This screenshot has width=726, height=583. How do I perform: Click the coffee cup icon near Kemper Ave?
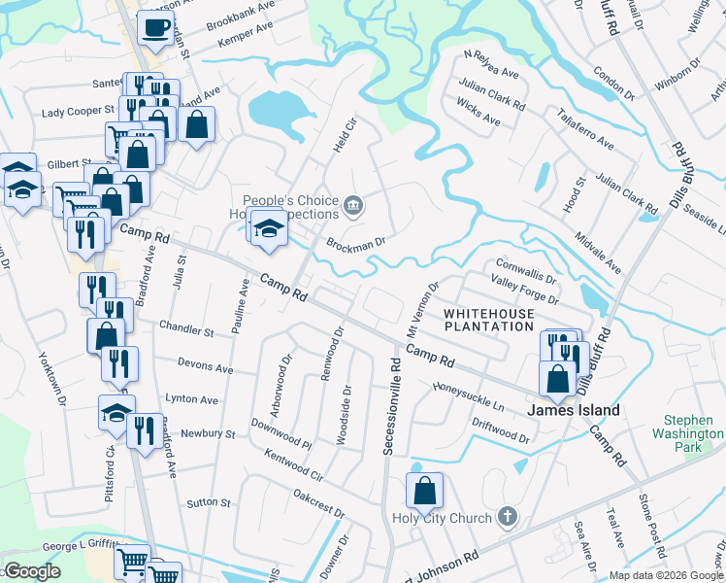tap(155, 28)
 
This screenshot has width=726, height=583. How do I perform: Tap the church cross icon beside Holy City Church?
tap(507, 517)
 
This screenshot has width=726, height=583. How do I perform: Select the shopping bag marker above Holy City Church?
tap(424, 492)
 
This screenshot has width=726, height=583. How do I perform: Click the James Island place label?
tap(573, 410)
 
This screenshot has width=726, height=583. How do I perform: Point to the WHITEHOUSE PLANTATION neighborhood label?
tap(489, 321)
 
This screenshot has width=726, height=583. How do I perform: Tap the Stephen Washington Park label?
tap(688, 434)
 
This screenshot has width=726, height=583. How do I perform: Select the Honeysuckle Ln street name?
tap(469, 395)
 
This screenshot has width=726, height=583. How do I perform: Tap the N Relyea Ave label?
tap(491, 64)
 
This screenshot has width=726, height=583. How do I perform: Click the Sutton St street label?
tap(210, 503)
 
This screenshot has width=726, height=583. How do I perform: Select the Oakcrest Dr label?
tap(319, 503)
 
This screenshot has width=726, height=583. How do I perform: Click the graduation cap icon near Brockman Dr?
tap(267, 227)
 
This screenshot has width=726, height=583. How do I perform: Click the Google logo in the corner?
tap(31, 570)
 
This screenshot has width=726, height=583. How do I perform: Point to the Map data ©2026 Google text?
tap(665, 575)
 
